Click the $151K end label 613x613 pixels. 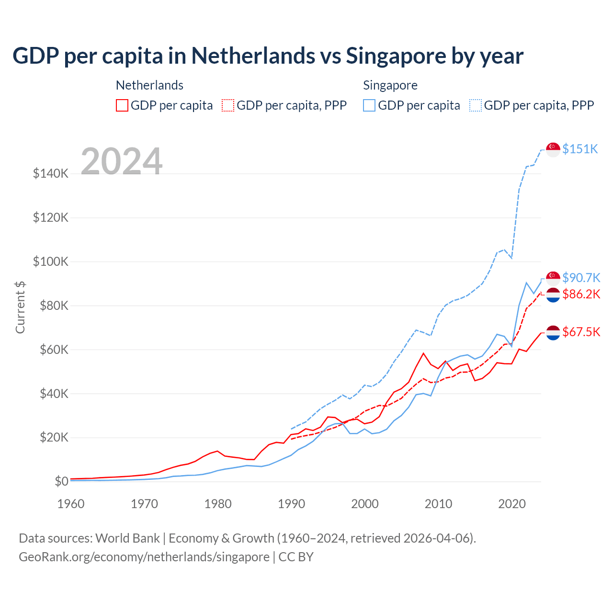(x=580, y=149)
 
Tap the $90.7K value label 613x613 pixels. (x=581, y=278)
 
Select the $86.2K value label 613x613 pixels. (x=581, y=294)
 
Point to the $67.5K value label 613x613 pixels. (x=581, y=332)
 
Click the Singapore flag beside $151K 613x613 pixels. (x=553, y=149)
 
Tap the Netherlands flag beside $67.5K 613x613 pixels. (x=553, y=332)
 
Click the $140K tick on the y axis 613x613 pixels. (x=51, y=173)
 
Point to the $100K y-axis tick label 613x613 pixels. (x=51, y=261)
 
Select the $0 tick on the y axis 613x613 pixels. (x=61, y=481)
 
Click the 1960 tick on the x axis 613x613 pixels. (x=71, y=504)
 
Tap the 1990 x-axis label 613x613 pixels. (x=291, y=504)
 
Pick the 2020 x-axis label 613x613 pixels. (x=512, y=504)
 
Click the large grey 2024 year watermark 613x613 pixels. (x=122, y=161)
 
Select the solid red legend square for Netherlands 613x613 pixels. (x=122, y=105)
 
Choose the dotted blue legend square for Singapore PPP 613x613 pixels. (x=476, y=105)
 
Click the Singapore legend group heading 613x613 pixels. (x=390, y=85)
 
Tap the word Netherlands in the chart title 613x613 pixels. (x=253, y=56)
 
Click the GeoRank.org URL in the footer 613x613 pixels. (x=144, y=557)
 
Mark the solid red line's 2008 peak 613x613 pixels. (x=423, y=353)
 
